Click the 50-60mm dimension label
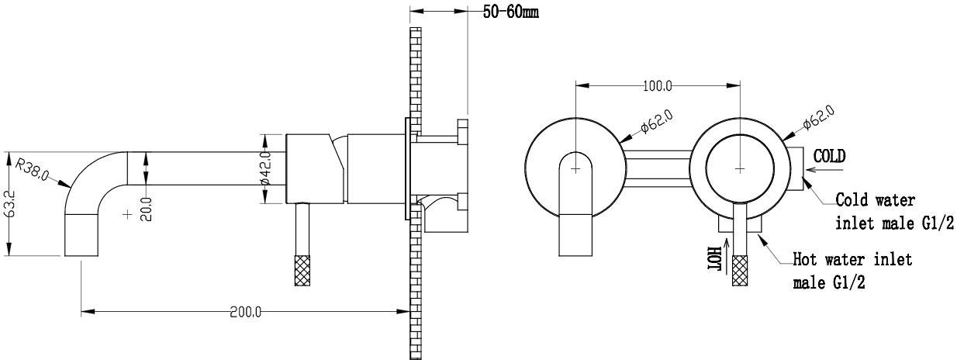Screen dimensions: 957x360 510,12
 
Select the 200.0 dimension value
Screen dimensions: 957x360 246,313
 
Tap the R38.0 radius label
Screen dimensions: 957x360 32,169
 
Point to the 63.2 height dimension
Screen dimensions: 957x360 11,204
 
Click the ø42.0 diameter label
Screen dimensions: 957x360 265,168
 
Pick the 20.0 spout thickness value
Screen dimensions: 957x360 146,209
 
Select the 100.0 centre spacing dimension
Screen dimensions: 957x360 658,86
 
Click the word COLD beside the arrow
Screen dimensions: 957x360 829,157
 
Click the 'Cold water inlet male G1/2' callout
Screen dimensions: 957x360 895,212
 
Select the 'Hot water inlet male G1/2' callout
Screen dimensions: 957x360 852,271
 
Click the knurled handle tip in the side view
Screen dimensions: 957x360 302,270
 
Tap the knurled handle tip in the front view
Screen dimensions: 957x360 740,270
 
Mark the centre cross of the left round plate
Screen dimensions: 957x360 575,169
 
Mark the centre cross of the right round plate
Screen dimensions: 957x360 740,169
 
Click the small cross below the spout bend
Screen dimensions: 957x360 127,214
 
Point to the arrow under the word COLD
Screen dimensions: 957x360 825,170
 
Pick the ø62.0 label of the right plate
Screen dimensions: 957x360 818,117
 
